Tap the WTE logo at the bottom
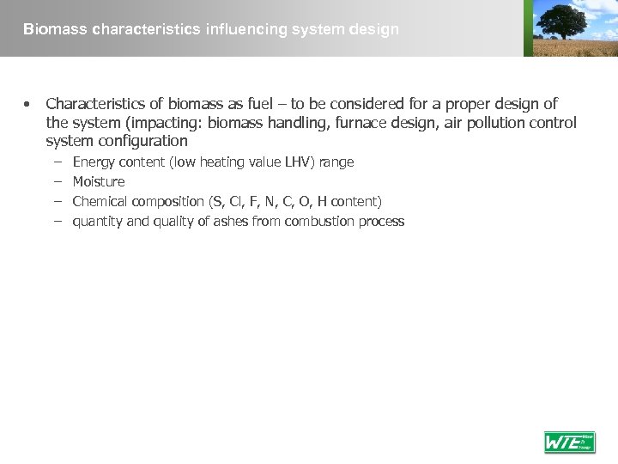pos(569,442)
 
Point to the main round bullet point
pos(27,104)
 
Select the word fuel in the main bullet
pos(246,104)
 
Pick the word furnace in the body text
pos(358,123)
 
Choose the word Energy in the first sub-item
pos(93,162)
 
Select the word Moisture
pos(99,181)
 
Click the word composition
pos(167,201)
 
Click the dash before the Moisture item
pos(57,181)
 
